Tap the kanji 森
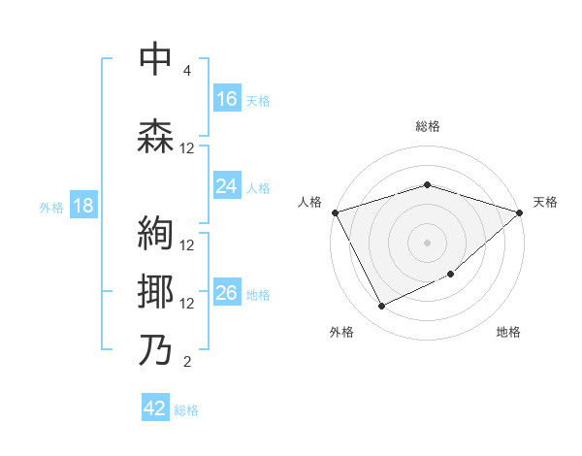click(156, 136)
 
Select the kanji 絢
click(156, 232)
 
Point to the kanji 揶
click(156, 291)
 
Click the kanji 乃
click(156, 349)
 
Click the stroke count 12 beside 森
click(187, 148)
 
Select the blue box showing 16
click(226, 98)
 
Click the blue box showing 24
click(226, 186)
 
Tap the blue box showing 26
click(226, 293)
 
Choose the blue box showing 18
click(82, 207)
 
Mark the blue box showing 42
click(154, 408)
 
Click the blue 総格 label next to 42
click(186, 410)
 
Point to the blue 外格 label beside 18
click(50, 208)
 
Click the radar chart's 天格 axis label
click(545, 202)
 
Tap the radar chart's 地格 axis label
click(508, 332)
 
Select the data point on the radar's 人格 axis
click(335, 212)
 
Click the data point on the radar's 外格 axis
click(382, 307)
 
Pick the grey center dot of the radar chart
click(427, 242)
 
